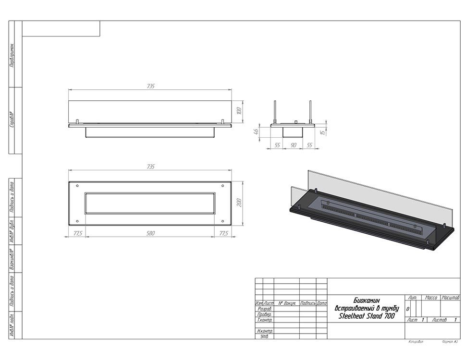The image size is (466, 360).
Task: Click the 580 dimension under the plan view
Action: (x=150, y=233)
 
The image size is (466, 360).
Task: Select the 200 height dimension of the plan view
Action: (x=239, y=203)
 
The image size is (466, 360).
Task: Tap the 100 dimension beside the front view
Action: (x=239, y=112)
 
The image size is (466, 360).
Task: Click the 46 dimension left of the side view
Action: (x=257, y=131)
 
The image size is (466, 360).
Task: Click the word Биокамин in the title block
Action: (x=366, y=300)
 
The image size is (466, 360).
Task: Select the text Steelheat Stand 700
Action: (x=367, y=316)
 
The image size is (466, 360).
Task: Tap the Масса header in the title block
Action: (x=431, y=298)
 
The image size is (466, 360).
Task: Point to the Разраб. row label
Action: (x=265, y=309)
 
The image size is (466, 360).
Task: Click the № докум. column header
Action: (x=287, y=303)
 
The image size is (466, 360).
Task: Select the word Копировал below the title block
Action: (x=416, y=342)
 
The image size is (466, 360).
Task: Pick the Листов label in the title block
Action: (x=439, y=320)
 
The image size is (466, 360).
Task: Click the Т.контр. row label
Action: (x=265, y=320)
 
